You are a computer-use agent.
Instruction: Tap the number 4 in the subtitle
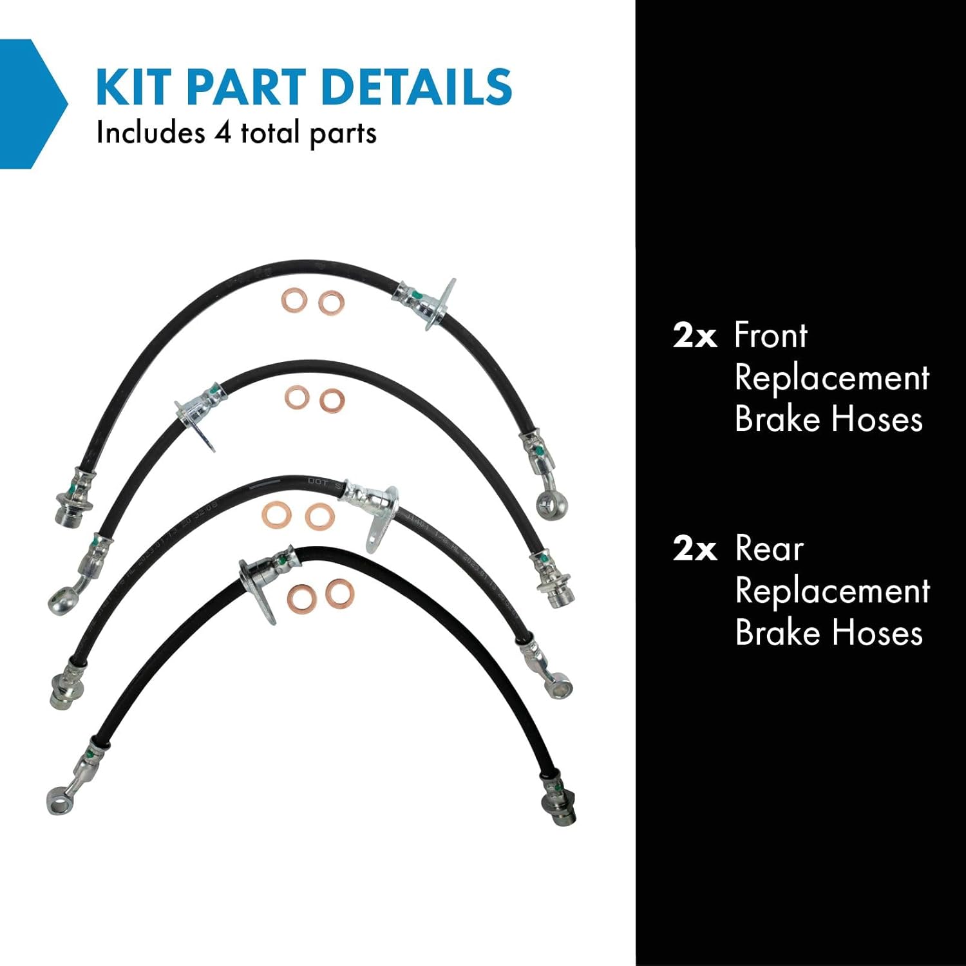[222, 133]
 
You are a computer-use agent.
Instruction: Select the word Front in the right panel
[770, 336]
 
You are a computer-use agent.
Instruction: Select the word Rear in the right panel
[769, 549]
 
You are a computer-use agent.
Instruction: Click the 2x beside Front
[694, 336]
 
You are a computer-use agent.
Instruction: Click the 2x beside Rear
[694, 549]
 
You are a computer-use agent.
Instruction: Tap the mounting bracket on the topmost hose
[439, 303]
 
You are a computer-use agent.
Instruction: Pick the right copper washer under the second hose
[332, 400]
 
